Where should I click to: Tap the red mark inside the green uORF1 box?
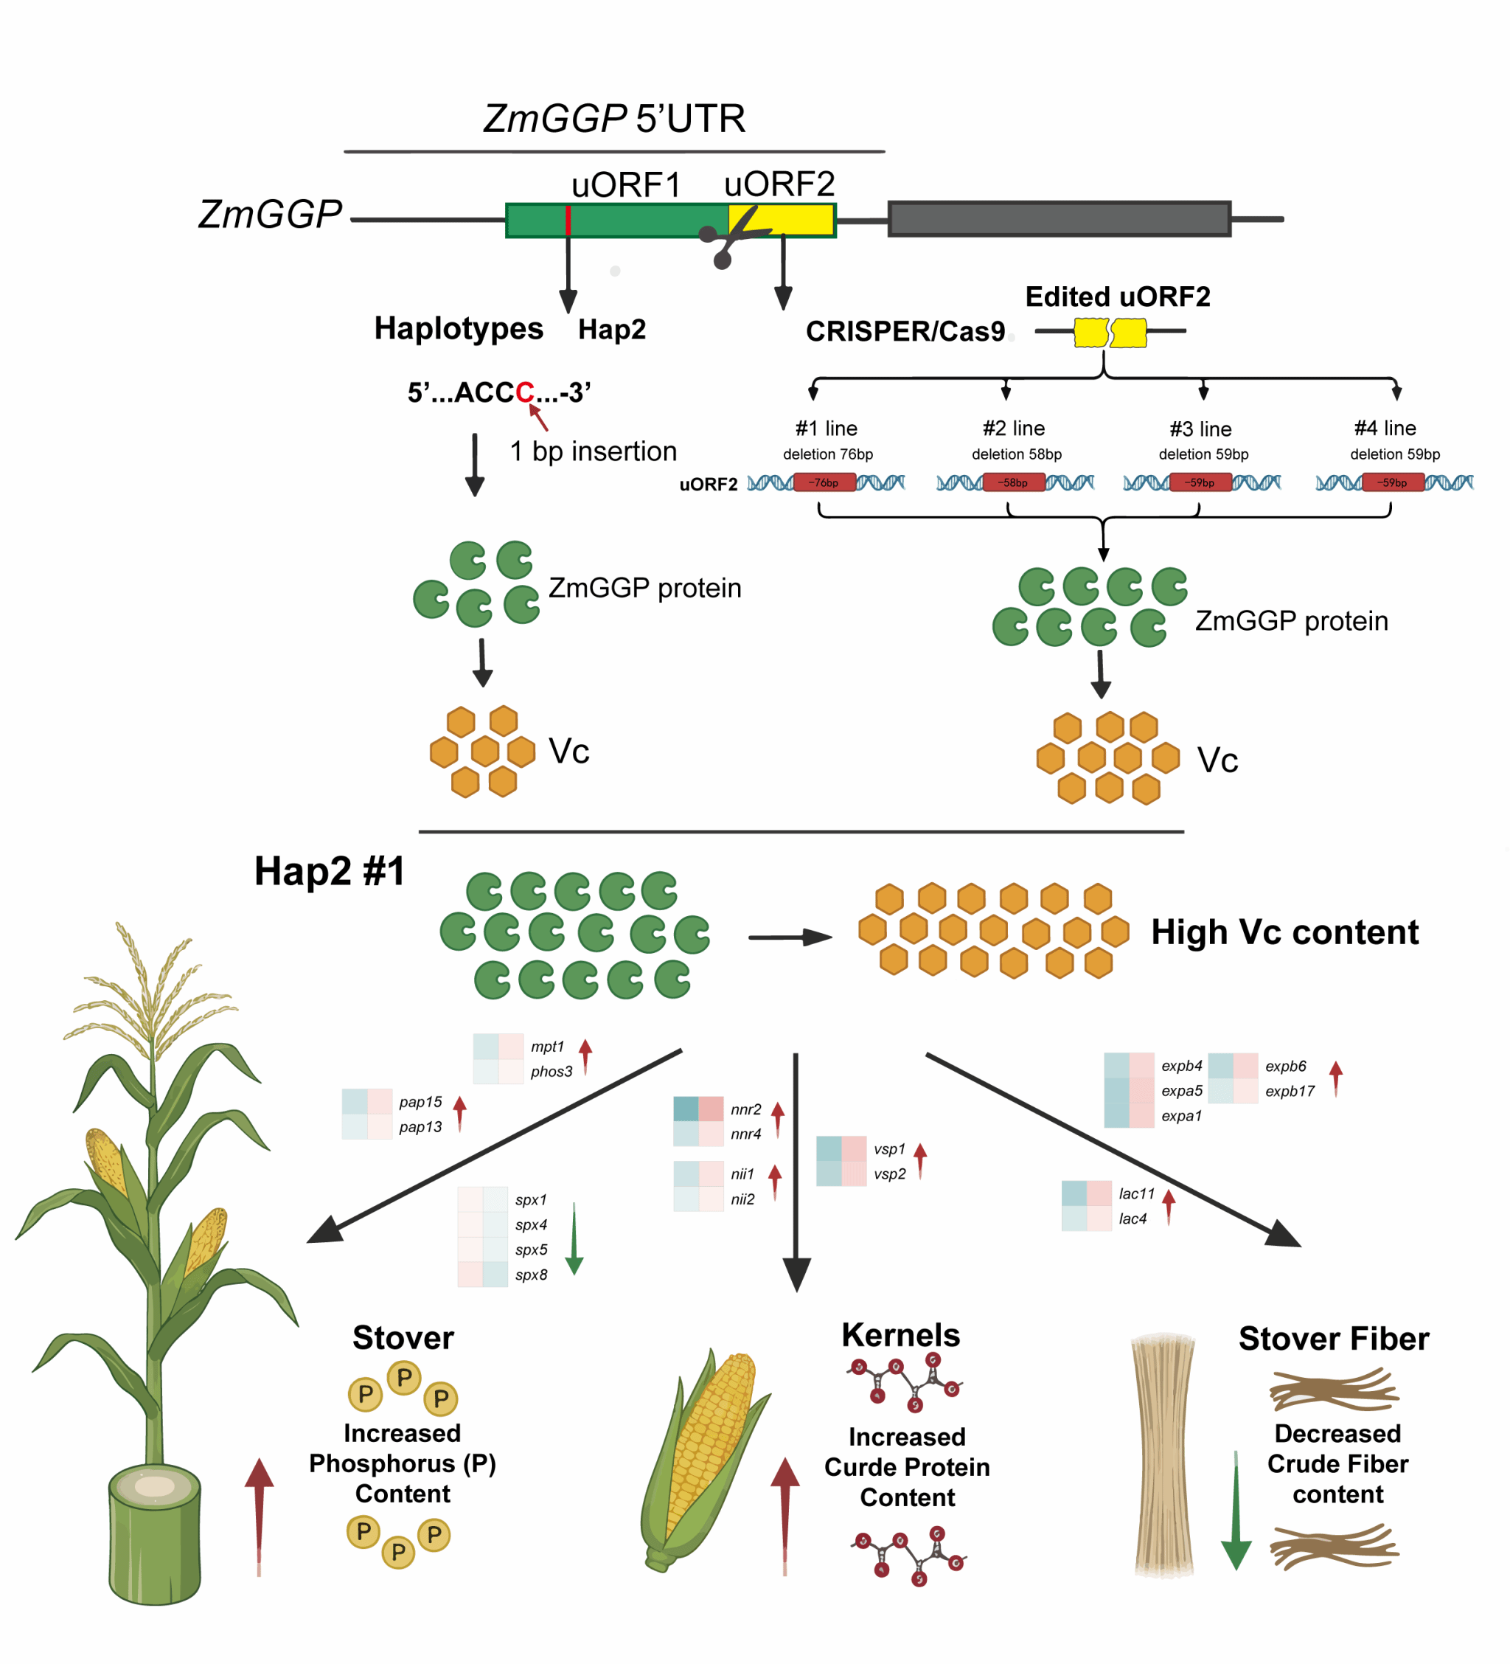pos(568,221)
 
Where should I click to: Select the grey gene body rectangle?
pos(1060,219)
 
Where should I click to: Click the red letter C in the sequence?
pos(525,392)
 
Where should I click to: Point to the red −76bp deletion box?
pos(824,482)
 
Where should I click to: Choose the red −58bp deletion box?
pos(1013,482)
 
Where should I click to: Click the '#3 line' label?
pos(1200,429)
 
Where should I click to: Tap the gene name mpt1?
pos(547,1047)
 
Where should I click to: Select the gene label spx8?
pos(532,1275)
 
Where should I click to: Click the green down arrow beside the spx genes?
pos(574,1239)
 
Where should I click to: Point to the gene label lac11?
pos(1136,1193)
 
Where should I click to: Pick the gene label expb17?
pos(1290,1091)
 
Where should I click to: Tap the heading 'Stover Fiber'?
pos(1334,1339)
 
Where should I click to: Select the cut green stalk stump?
pos(155,1535)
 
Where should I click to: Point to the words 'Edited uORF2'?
pos(1117,297)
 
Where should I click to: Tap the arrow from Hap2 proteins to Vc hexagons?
pos(790,937)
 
